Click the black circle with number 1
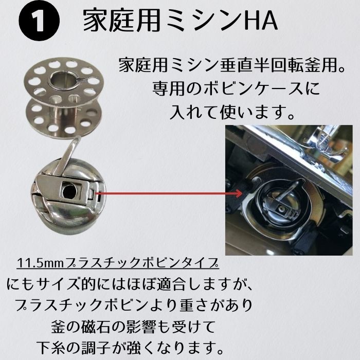click(39, 21)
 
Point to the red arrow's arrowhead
click(238, 193)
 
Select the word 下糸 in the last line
click(51, 348)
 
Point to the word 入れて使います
click(232, 112)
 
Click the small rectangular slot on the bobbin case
click(92, 194)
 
